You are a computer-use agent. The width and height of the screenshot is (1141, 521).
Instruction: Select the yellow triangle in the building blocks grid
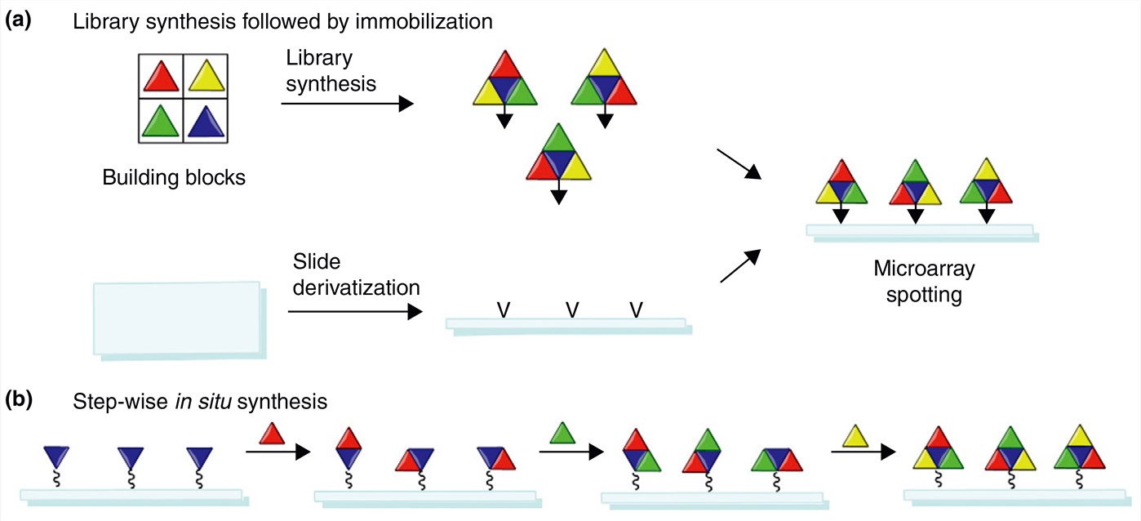(205, 78)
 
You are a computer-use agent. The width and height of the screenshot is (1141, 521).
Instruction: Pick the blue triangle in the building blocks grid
(205, 122)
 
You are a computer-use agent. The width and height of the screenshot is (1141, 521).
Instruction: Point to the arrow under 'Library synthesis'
(347, 104)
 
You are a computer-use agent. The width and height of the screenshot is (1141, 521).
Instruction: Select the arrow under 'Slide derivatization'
(355, 311)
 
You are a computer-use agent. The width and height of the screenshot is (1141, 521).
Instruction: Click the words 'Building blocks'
(174, 177)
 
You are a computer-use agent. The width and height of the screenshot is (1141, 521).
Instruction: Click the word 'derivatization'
(356, 287)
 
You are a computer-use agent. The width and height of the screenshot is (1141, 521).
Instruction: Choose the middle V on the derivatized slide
(572, 310)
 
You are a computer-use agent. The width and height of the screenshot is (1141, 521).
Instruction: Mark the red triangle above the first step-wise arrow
(272, 432)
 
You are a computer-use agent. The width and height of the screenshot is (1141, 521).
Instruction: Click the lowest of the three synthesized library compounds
(558, 158)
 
